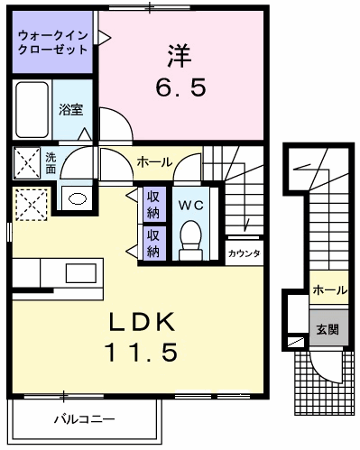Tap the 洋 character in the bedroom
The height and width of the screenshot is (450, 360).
pyautogui.click(x=178, y=54)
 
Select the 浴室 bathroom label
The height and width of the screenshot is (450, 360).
pyautogui.click(x=71, y=110)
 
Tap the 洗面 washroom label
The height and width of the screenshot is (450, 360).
pyautogui.click(x=51, y=162)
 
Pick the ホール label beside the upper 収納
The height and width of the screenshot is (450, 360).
pyautogui.click(x=154, y=162)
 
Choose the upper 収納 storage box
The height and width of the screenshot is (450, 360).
pyautogui.click(x=154, y=204)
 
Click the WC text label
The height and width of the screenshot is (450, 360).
pyautogui.click(x=190, y=205)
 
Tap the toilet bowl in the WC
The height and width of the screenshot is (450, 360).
pyautogui.click(x=190, y=239)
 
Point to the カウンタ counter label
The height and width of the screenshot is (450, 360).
pyautogui.click(x=245, y=253)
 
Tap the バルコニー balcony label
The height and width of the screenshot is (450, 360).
pyautogui.click(x=83, y=418)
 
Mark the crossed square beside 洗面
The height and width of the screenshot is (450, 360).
pyautogui.click(x=27, y=162)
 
